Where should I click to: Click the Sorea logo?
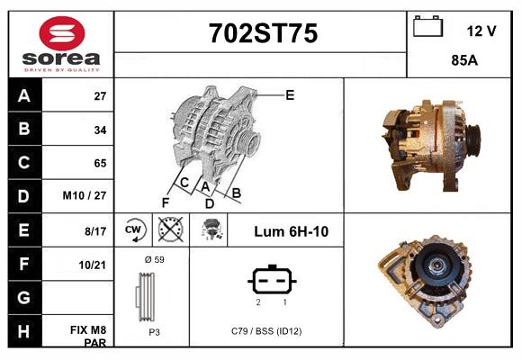60,45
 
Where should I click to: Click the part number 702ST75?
262,33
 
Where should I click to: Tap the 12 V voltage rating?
481,31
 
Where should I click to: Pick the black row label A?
24,96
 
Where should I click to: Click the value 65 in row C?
100,163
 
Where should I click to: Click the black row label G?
24,297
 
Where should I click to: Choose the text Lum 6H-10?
291,231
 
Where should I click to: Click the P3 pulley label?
153,331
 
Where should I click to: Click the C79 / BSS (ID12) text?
266,331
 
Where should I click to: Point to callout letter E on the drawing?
290,94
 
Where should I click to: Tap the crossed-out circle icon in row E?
168,230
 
